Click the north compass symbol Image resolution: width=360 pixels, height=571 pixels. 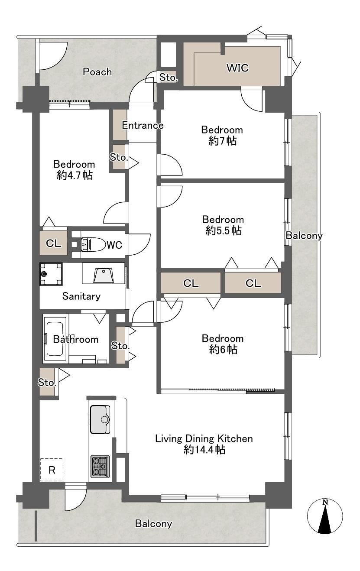[325, 516]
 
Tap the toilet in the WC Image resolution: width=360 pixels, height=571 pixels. [93, 244]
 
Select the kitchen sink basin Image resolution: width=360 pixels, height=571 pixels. [100, 419]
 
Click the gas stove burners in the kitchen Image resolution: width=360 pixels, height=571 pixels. [100, 466]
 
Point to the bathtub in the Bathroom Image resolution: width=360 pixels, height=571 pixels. [55, 339]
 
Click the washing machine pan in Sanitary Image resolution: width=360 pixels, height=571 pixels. [51, 274]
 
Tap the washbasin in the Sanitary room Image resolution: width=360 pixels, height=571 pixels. [103, 275]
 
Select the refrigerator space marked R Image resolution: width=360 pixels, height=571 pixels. [52, 470]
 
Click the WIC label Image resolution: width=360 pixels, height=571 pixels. [238, 68]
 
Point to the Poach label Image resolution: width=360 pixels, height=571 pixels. [97, 72]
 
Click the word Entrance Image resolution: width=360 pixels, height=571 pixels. [143, 125]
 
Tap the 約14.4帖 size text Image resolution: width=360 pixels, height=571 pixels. [204, 449]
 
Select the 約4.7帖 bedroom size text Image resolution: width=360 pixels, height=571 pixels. [75, 175]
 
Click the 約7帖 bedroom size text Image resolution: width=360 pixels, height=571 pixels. [222, 141]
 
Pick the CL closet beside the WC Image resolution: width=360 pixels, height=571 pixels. [54, 243]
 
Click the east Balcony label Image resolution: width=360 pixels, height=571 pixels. [304, 236]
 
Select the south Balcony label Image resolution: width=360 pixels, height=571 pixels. [153, 523]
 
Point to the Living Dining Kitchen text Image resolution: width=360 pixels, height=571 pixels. [204, 438]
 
